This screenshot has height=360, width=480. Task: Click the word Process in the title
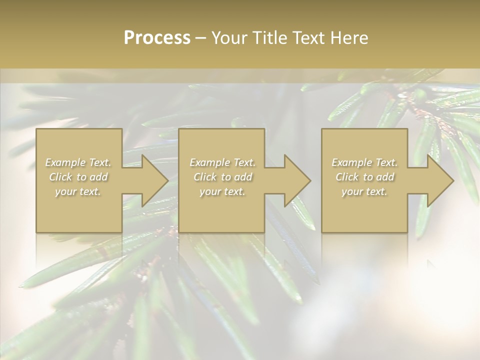coord(157,38)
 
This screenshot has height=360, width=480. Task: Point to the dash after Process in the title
coord(200,38)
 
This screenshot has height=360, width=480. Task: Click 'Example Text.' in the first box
coord(78,162)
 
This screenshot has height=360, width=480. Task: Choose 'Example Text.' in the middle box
coord(222,162)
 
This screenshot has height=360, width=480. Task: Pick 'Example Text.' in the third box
coord(364,162)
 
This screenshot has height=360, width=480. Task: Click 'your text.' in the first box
coord(78,191)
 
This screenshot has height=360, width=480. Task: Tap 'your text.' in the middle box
coord(222,191)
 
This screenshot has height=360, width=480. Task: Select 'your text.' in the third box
coord(364,191)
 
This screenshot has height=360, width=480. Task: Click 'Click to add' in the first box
coord(78,177)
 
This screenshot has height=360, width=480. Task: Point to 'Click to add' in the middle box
coord(222,177)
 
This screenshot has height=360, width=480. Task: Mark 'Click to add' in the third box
coord(364,177)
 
